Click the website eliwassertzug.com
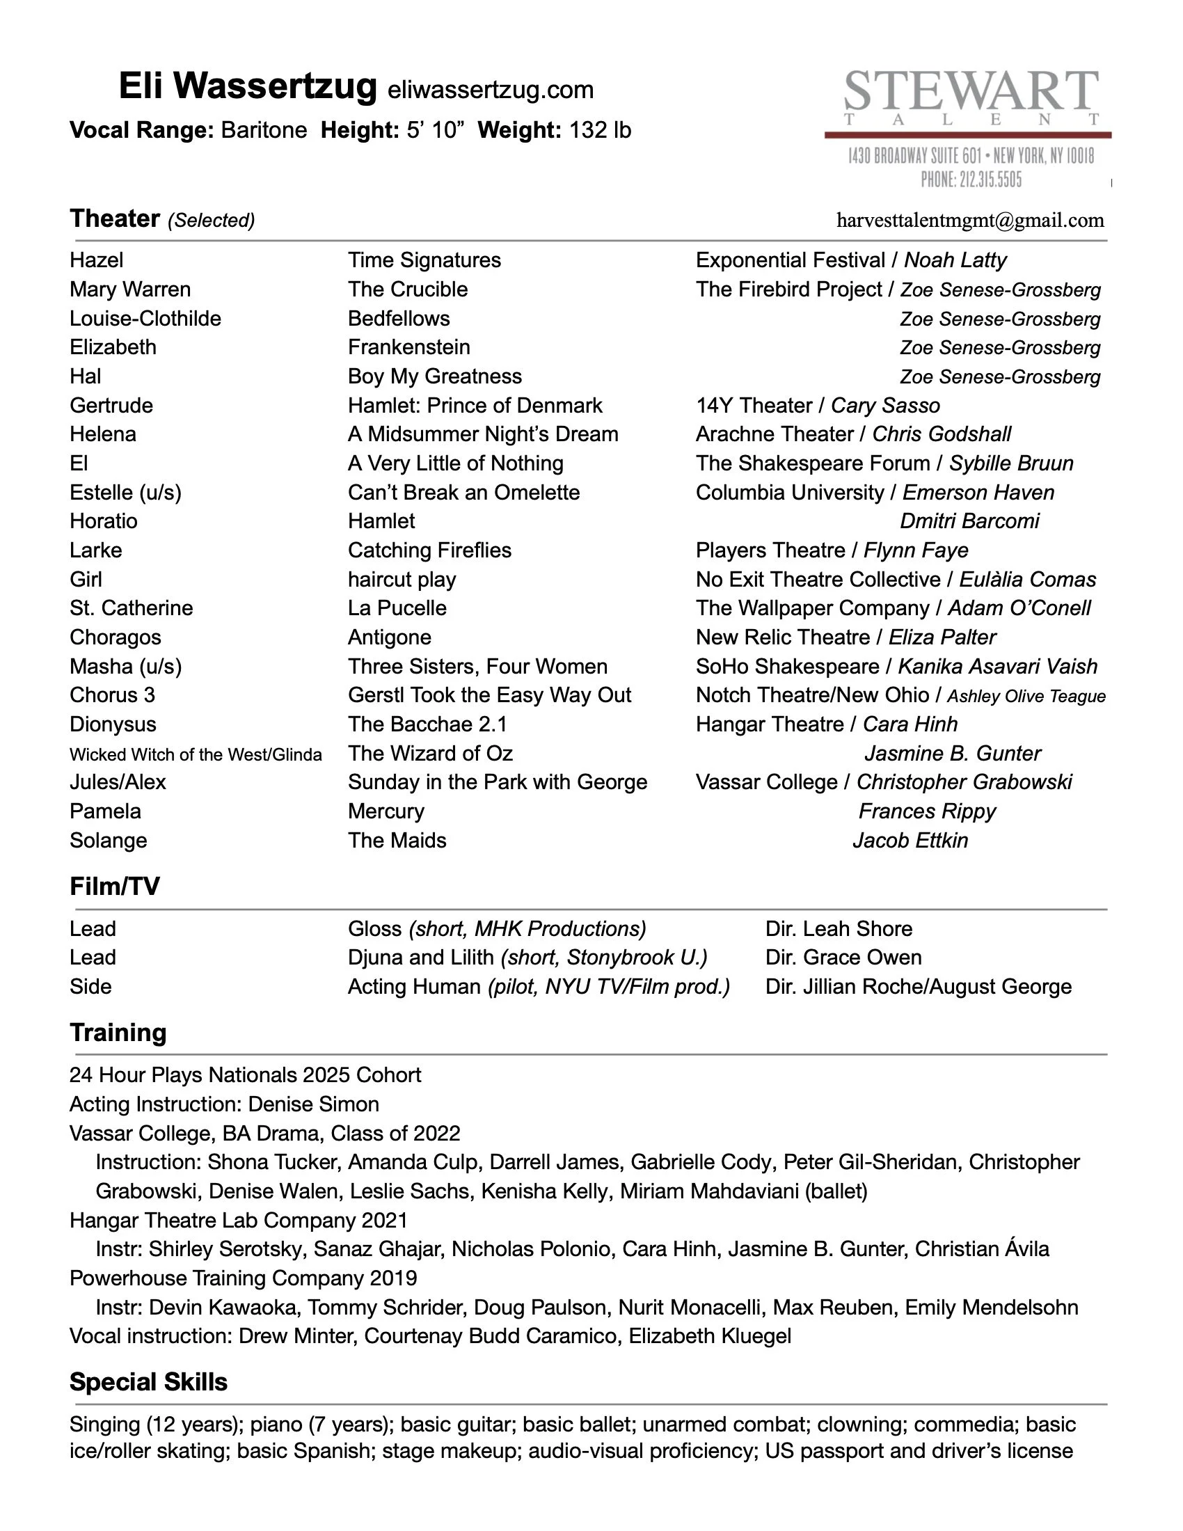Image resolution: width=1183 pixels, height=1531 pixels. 490,90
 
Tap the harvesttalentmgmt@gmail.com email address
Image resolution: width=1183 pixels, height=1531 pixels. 970,220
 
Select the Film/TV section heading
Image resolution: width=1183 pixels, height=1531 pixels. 114,886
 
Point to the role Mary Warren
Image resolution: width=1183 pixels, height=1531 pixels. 129,289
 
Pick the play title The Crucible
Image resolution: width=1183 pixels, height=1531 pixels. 408,289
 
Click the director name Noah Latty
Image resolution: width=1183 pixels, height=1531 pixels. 955,260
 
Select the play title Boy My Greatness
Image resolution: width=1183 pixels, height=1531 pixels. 434,376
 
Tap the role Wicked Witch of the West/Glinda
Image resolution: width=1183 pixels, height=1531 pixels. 196,754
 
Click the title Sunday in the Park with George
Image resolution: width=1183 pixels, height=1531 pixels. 498,782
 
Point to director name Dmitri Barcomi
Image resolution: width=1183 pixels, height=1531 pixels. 969,521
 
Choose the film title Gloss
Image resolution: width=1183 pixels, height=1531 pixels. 375,928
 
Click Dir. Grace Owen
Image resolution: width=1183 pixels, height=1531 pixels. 843,957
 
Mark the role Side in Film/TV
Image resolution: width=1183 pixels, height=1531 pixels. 90,986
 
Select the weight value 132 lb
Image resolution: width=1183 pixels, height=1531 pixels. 600,129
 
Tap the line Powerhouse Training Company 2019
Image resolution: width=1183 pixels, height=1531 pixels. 243,1278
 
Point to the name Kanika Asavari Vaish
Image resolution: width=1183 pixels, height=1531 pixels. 998,666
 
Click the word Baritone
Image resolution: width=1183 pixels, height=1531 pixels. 264,129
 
